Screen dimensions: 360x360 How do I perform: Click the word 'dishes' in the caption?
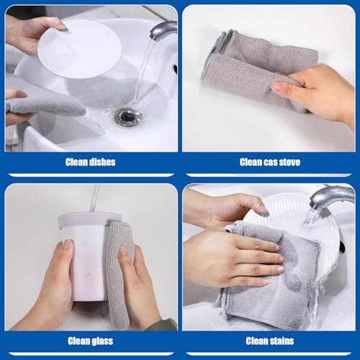tap(102, 162)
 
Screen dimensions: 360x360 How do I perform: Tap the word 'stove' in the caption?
tap(289, 162)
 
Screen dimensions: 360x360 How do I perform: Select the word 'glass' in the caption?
tap(101, 341)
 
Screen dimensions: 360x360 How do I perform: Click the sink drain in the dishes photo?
tap(127, 117)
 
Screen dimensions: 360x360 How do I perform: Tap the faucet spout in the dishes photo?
tap(163, 30)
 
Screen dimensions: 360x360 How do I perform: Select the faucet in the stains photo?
tap(333, 197)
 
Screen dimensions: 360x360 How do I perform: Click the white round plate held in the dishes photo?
tap(79, 49)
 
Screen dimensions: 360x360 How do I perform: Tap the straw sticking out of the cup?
tap(94, 198)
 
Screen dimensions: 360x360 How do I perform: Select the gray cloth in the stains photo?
tap(271, 274)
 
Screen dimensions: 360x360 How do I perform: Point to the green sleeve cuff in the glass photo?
tap(168, 324)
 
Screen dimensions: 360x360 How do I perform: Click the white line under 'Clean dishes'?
tap(91, 175)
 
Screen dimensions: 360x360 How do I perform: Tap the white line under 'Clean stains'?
tap(269, 354)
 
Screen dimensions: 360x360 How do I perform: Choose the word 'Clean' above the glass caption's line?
tap(77, 341)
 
